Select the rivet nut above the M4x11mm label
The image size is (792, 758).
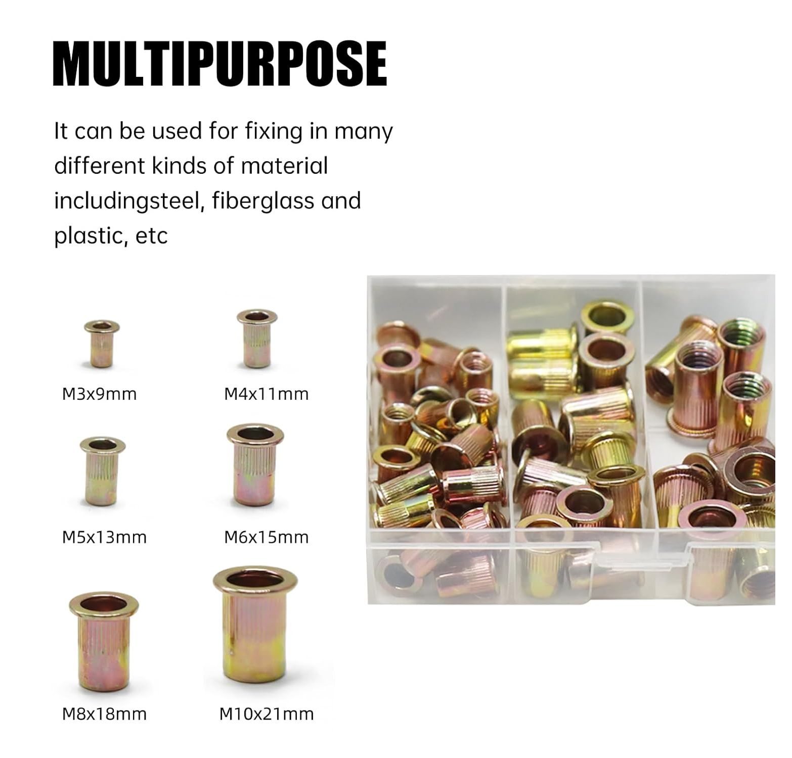257,338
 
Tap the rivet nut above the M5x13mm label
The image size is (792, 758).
103,471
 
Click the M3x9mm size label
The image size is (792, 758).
99,394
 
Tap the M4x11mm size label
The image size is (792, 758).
266,394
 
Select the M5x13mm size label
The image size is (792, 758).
104,537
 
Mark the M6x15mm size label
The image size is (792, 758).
266,537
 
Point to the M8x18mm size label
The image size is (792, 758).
104,714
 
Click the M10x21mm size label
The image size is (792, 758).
267,714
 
